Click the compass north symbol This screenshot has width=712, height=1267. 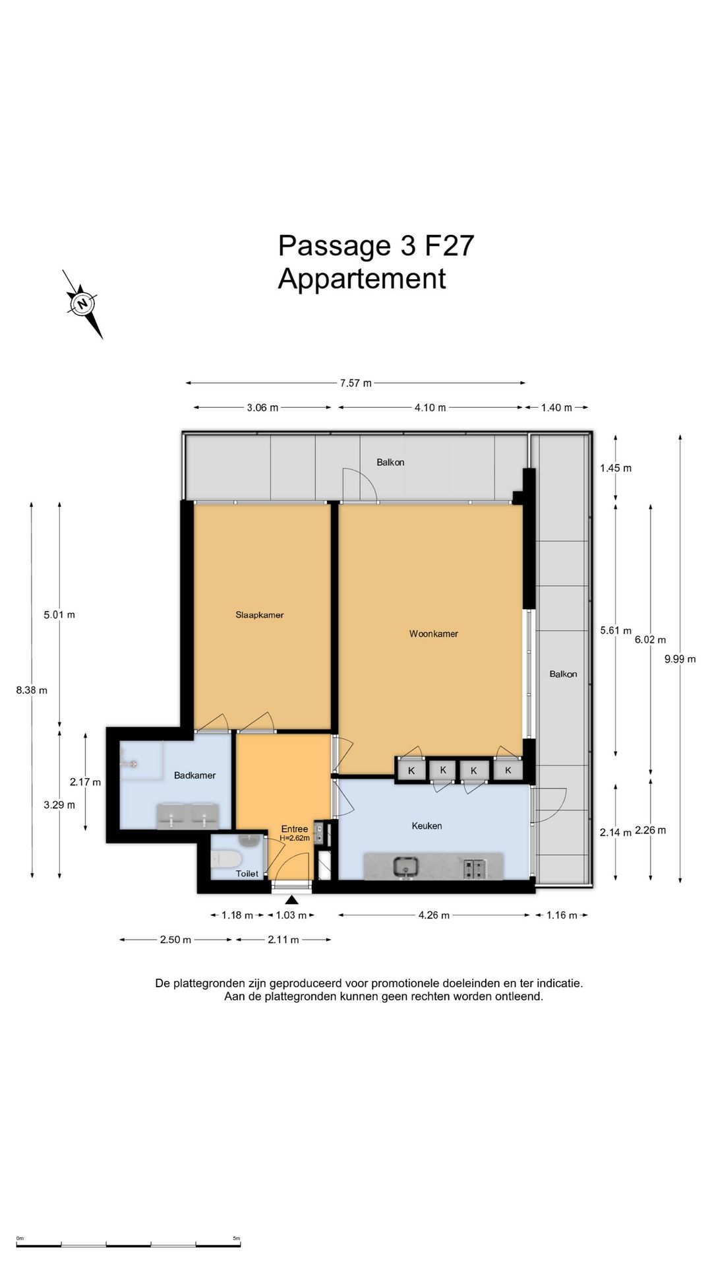[x=82, y=304]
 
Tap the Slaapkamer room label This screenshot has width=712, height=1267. [x=260, y=615]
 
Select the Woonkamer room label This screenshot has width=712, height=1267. [x=434, y=634]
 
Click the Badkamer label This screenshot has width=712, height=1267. [x=194, y=775]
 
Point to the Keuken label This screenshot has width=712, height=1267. [x=427, y=826]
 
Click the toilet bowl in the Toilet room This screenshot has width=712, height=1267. [x=226, y=859]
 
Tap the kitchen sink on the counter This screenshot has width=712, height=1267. [x=406, y=866]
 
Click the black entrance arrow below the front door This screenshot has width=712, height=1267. [x=292, y=899]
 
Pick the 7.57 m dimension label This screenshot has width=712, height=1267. [x=356, y=383]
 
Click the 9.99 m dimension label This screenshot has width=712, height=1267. [x=680, y=659]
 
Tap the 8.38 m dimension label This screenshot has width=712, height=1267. [x=32, y=690]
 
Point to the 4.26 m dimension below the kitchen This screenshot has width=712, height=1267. [x=434, y=915]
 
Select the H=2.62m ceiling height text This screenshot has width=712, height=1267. [x=295, y=838]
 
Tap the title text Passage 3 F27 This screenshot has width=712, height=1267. [x=376, y=245]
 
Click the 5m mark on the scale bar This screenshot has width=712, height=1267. [x=237, y=1238]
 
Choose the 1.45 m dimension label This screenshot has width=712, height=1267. [x=616, y=469]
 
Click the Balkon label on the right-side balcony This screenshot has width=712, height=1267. [x=563, y=674]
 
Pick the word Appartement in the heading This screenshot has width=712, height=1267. [x=362, y=278]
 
